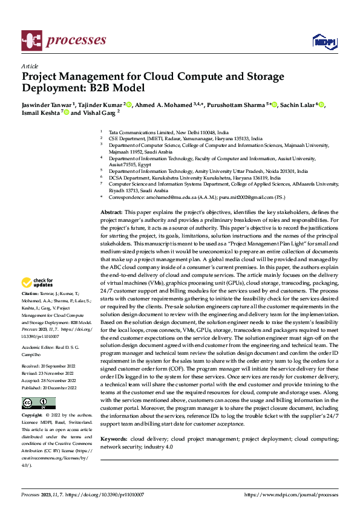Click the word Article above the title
pyautogui.click(x=30, y=66)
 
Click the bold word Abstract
pyautogui.click(x=111, y=213)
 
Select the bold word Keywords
pyautogui.click(x=114, y=438)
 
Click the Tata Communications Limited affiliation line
pyautogui.click(x=168, y=132)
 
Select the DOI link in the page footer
pyautogui.click(x=123, y=494)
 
